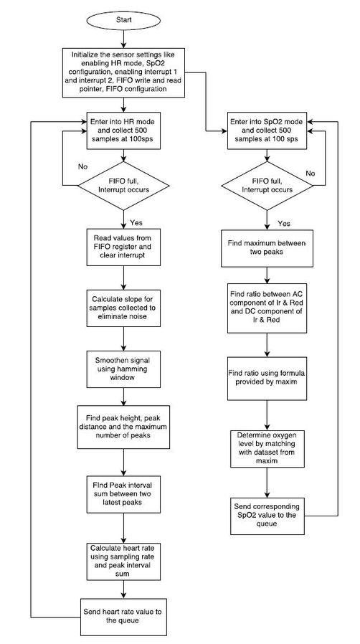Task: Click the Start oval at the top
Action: [x=125, y=20]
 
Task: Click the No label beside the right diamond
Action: [x=311, y=173]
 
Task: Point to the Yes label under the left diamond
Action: [x=136, y=222]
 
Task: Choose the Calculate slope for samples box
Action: [x=125, y=304]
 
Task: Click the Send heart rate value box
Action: [x=125, y=615]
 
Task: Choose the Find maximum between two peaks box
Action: [x=267, y=248]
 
